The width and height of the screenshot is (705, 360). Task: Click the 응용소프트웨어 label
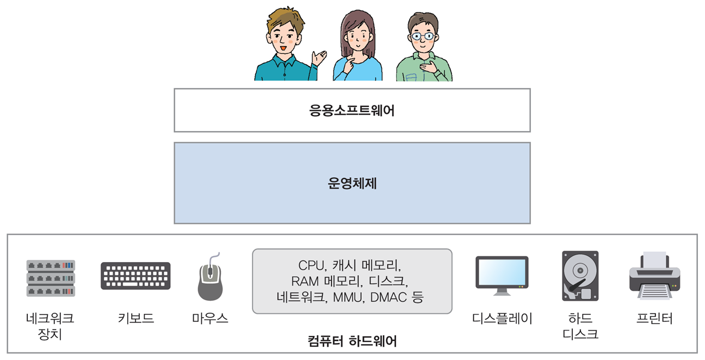[x=352, y=111]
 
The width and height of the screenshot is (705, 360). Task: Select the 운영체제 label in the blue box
[x=352, y=183]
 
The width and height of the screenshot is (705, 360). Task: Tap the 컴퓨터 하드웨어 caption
[x=352, y=342]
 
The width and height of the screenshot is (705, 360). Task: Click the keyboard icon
[x=135, y=276]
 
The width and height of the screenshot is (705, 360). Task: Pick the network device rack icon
[x=51, y=278]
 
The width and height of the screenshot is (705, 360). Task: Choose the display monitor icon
[x=502, y=275]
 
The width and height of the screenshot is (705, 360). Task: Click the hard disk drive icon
[x=580, y=276]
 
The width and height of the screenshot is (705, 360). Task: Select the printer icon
[x=655, y=275]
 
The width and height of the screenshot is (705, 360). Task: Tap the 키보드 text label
[x=135, y=318]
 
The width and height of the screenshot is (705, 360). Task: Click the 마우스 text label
[x=210, y=318]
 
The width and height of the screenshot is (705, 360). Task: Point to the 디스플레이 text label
[x=502, y=318]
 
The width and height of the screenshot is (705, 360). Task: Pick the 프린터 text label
[x=654, y=318]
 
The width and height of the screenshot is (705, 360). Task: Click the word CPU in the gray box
[x=311, y=265]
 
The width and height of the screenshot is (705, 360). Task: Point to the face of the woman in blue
[x=357, y=36]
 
